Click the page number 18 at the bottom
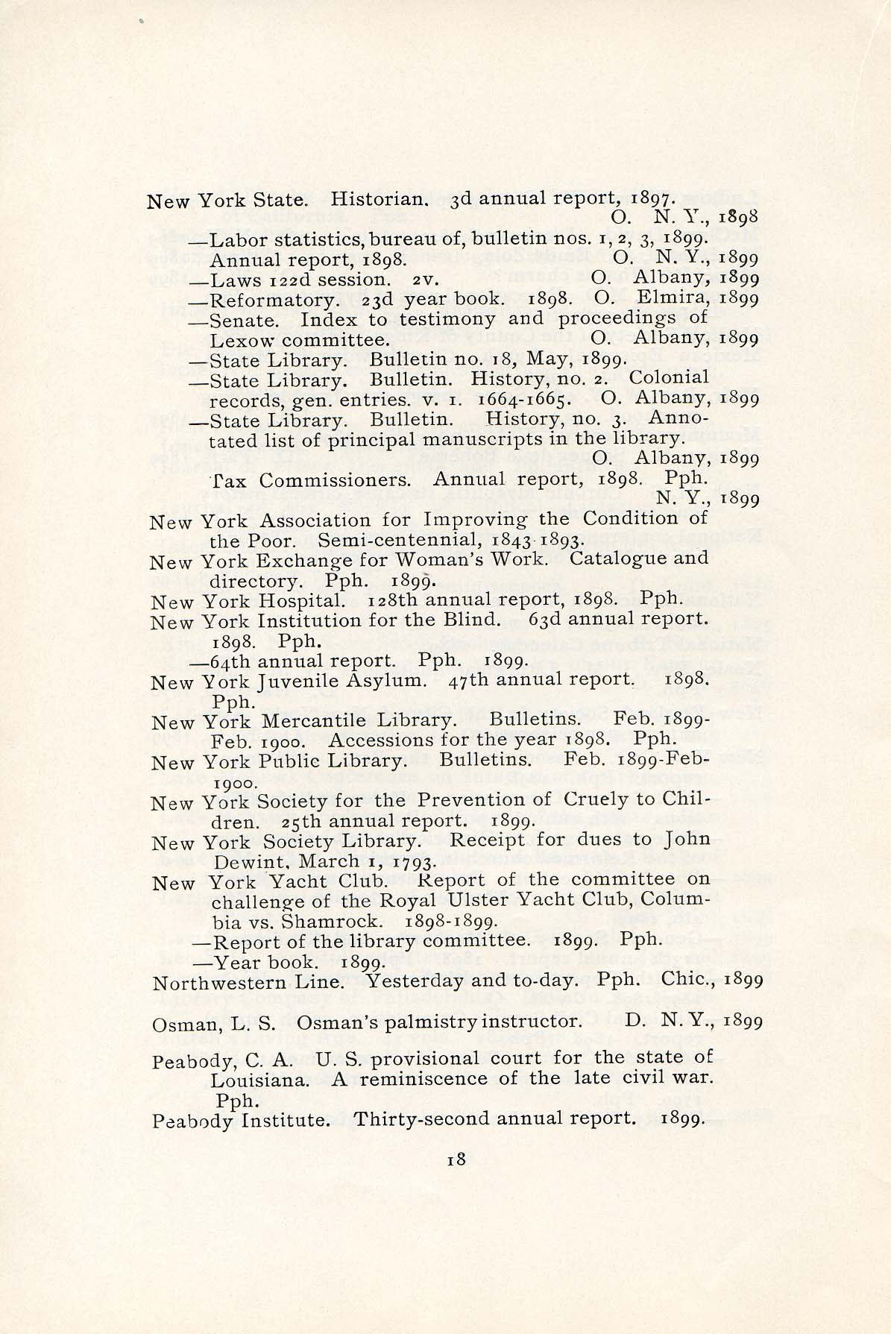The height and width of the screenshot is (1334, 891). pyautogui.click(x=456, y=1159)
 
